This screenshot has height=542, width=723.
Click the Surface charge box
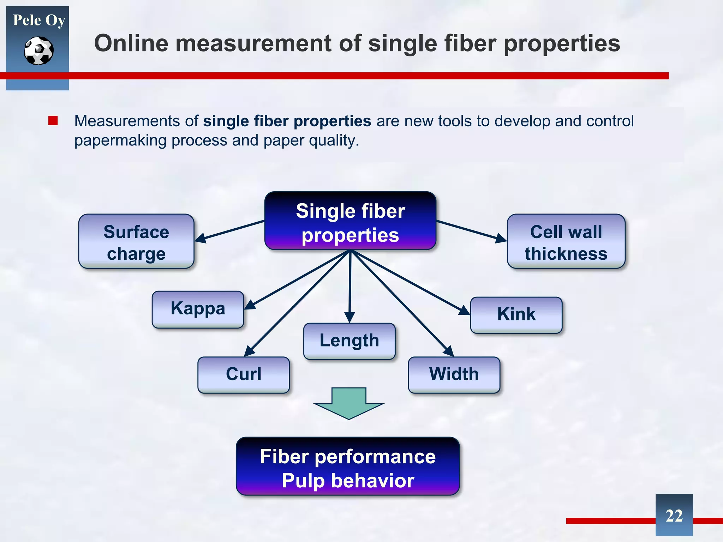pos(136,242)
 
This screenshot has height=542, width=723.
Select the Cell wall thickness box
pos(566,242)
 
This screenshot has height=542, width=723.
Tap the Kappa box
pos(198,309)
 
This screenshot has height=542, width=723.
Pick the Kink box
pos(516,314)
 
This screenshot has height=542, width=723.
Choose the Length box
pos(349,341)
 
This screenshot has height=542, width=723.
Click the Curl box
pos(244,374)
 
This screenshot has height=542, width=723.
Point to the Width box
pos(454,374)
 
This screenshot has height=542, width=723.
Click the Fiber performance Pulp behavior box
pos(348,466)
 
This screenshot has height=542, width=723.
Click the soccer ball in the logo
pos(39,51)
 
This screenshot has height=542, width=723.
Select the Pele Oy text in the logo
pos(39,20)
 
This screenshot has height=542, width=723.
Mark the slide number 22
pos(674,516)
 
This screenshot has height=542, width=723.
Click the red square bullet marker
pos(53,121)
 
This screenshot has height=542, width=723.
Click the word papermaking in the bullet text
pos(120,141)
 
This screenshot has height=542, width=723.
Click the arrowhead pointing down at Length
pos(349,317)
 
